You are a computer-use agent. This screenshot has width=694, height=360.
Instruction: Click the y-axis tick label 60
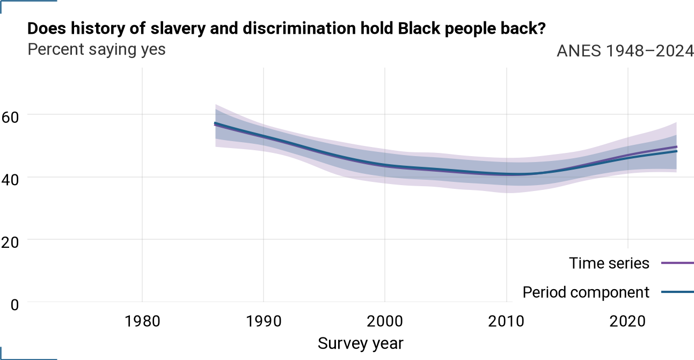(10, 117)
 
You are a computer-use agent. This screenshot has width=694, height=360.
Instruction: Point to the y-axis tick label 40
(10, 180)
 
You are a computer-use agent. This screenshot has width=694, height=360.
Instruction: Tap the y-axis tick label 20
(10, 243)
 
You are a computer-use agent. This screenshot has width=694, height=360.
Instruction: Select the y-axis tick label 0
(14, 305)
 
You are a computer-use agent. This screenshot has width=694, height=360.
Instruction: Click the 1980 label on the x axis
(142, 321)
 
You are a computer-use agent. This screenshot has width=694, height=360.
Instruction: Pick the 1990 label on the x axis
(264, 321)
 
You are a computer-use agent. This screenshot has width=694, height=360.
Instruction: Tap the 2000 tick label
(385, 321)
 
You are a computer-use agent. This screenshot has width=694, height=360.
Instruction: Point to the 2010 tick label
(506, 321)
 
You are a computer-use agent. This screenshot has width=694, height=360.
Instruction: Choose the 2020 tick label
(627, 321)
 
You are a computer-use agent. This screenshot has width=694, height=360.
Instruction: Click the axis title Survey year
(361, 343)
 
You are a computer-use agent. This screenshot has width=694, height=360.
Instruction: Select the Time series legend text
(609, 263)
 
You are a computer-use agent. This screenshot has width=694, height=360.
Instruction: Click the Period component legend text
(586, 292)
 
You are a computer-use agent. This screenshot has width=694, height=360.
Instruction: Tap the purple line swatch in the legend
(677, 263)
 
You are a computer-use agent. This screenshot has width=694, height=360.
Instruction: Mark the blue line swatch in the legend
(677, 292)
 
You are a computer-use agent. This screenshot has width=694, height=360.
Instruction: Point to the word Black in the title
(419, 28)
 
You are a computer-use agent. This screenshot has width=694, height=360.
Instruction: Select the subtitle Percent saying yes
(97, 49)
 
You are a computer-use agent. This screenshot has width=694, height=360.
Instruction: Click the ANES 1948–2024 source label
(625, 51)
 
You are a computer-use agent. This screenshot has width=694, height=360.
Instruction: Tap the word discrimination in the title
(299, 28)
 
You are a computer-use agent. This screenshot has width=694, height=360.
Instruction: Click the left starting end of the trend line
(215, 124)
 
